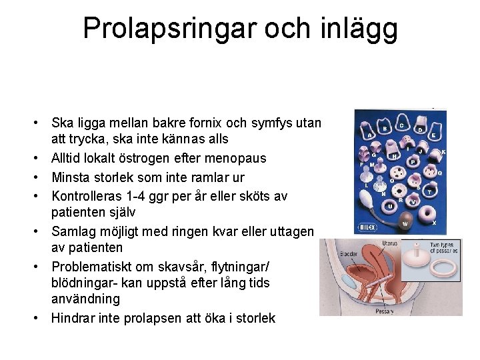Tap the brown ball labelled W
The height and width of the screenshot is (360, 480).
[x=405, y=214]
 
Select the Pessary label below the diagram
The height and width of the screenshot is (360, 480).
[x=385, y=311]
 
